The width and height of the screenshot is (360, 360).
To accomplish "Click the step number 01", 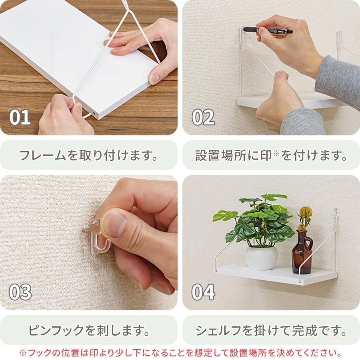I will coord(20,117).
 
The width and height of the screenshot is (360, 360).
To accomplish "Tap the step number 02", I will coord(203,117).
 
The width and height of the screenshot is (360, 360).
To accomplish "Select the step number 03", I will coord(20,292).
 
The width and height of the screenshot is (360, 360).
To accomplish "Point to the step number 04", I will coord(203,292).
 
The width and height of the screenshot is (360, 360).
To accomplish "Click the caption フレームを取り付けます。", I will coord(88,155).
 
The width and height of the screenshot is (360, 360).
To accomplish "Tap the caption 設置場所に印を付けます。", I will coord(271,155).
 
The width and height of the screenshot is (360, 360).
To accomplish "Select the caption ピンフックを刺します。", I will coord(88,330).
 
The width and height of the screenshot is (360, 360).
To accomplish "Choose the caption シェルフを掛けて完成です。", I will coord(271,330).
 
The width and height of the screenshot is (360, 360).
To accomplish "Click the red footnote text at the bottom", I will coord(180,353).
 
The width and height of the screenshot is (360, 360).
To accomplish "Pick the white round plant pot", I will coord(261,257).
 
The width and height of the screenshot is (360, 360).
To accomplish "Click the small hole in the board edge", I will coord(93,114).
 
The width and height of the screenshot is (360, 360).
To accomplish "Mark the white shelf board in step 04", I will coord(276,274).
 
